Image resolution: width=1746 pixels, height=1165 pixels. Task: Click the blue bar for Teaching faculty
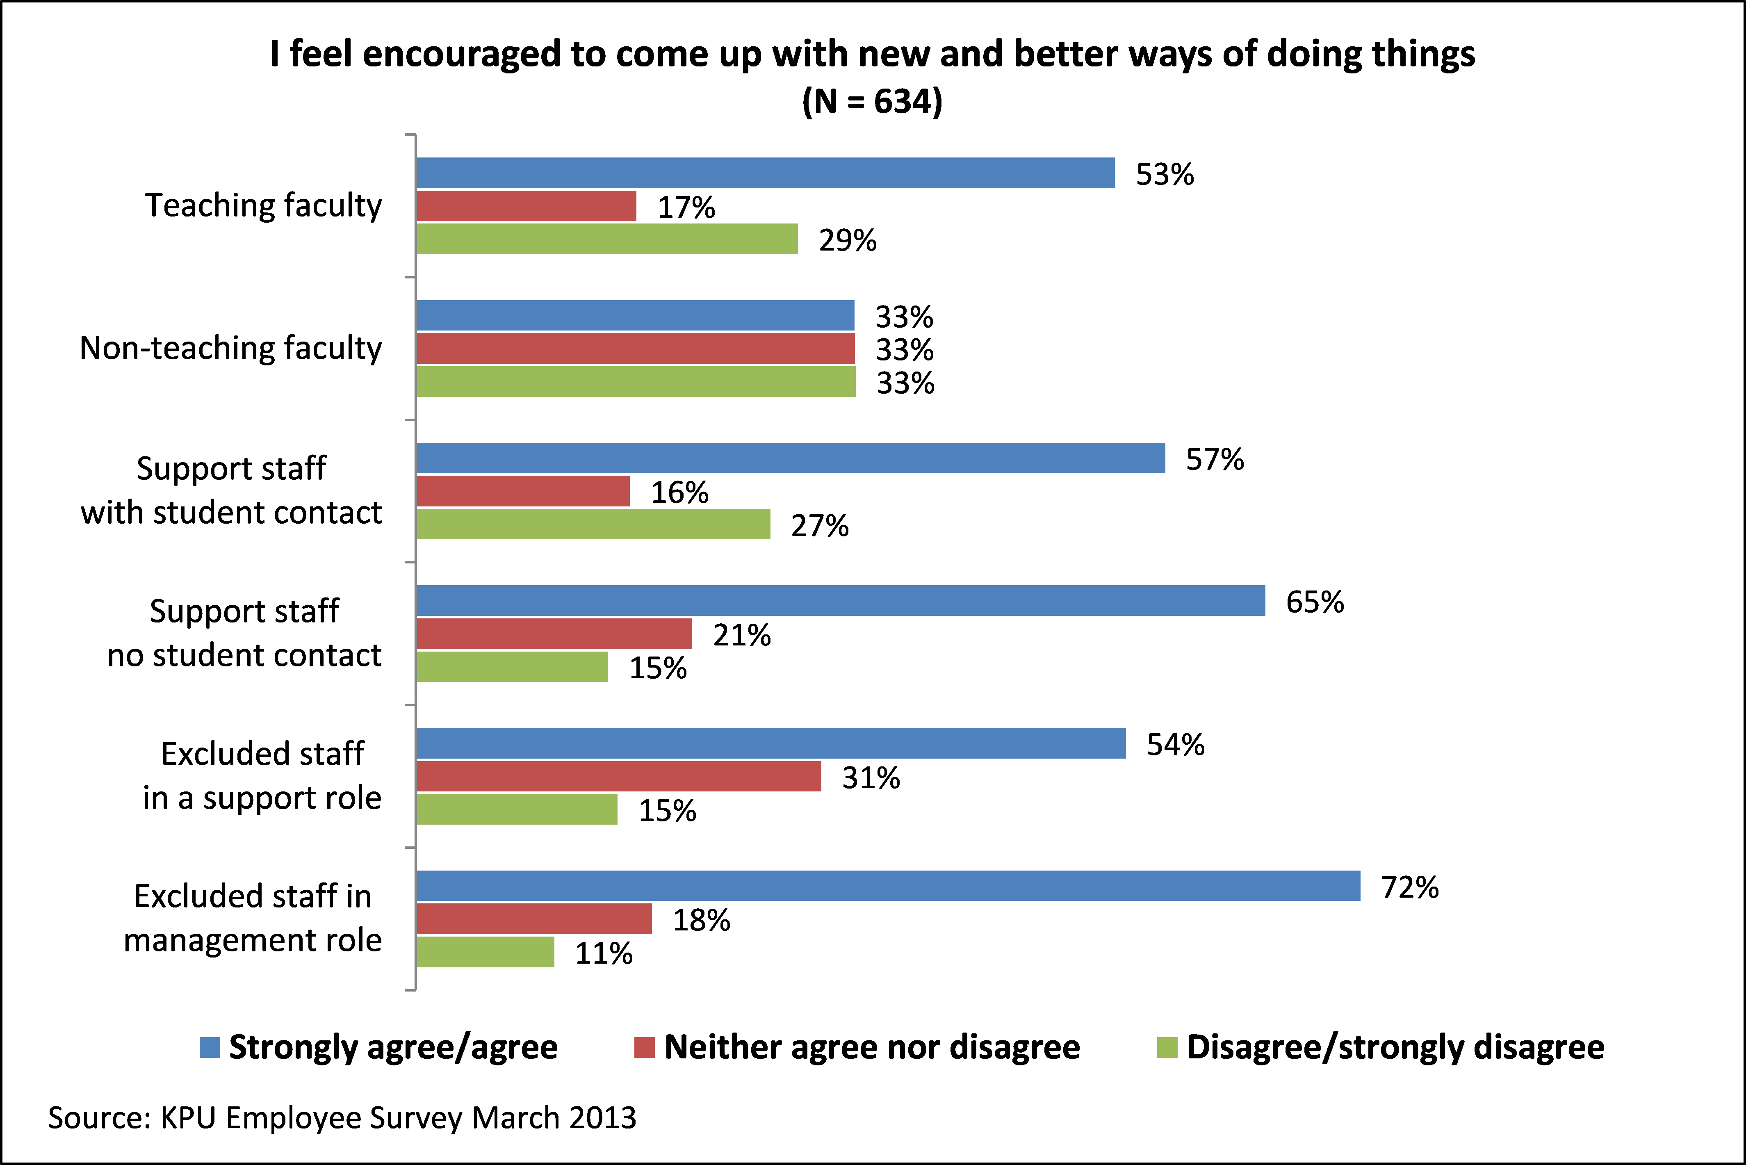click(765, 173)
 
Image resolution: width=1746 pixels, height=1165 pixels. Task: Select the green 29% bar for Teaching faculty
click(607, 239)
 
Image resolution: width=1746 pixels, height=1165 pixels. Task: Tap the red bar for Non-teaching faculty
click(635, 349)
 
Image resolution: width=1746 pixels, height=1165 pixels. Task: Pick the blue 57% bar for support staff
click(791, 458)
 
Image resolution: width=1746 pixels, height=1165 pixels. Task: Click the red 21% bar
click(554, 634)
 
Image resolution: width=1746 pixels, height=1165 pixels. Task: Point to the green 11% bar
click(485, 952)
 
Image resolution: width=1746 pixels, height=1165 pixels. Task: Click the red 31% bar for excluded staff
click(619, 776)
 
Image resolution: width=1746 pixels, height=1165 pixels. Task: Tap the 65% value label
click(1314, 602)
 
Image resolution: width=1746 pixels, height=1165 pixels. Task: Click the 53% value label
click(1164, 175)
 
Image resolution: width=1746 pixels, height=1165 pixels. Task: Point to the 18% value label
click(701, 921)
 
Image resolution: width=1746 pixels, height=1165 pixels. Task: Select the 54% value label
click(1175, 744)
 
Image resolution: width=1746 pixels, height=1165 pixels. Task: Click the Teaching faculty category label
click(263, 206)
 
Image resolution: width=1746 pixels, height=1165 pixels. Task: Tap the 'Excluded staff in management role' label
click(253, 918)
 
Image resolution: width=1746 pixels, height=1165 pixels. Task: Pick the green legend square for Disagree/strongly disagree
click(1167, 1048)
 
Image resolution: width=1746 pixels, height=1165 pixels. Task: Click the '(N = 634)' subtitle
click(872, 101)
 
